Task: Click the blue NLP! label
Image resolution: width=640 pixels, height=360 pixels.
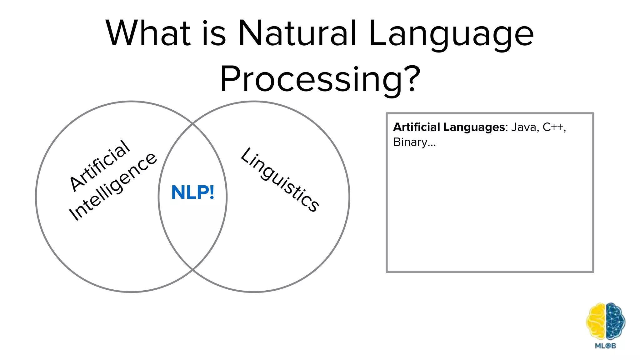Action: pos(193,192)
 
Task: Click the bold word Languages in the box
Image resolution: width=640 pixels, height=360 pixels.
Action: pos(474,127)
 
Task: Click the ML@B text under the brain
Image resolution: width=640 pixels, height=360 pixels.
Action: pos(605,346)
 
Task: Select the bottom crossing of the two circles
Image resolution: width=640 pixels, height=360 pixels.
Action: pos(192,269)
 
